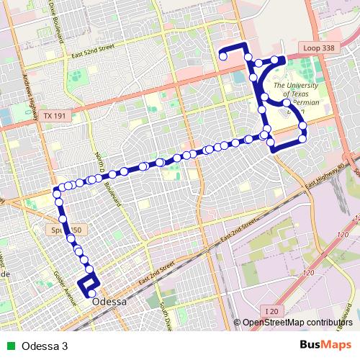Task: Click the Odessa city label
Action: [x=109, y=302]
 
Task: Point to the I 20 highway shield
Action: [x=271, y=310]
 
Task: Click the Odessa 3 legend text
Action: [x=45, y=345]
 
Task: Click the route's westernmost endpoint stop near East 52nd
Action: [x=223, y=55]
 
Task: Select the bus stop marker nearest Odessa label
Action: [x=91, y=294]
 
